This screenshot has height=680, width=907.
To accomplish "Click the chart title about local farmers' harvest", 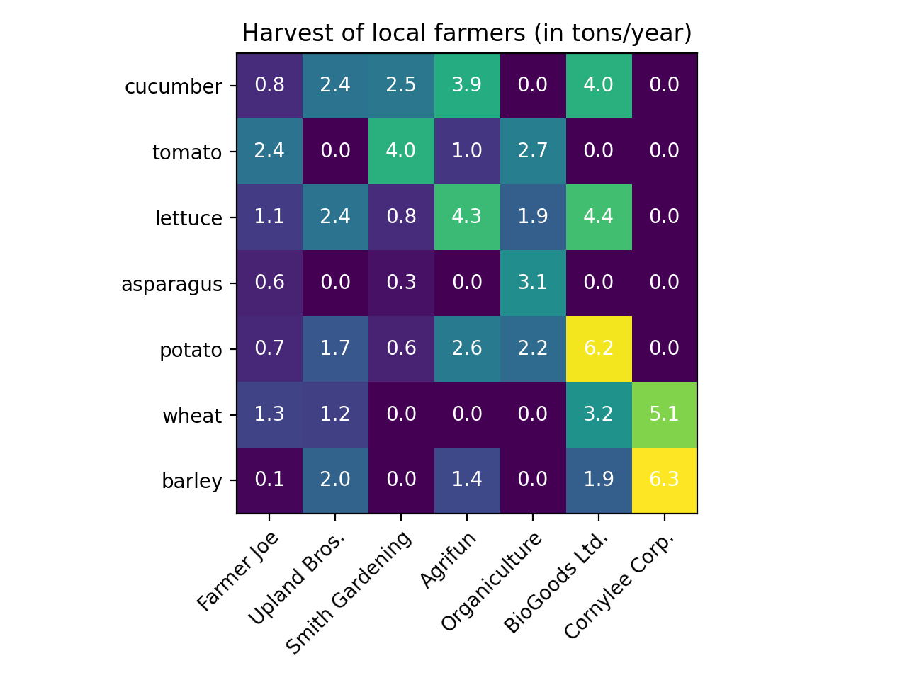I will click(x=466, y=33).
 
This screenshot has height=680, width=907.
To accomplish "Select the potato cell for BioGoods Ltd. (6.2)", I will click(x=599, y=348).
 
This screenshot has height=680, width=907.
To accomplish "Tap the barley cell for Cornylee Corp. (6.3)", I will click(x=665, y=480).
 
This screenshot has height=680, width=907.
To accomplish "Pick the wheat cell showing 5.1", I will click(x=665, y=414).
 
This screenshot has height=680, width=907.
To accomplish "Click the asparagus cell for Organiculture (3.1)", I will click(x=533, y=283).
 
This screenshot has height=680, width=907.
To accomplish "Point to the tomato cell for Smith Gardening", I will click(x=401, y=151).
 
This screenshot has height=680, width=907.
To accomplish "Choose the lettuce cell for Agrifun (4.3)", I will click(x=467, y=217).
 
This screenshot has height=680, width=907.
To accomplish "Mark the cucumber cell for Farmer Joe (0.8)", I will click(x=269, y=85).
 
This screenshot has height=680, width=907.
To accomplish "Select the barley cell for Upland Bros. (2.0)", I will click(x=335, y=480).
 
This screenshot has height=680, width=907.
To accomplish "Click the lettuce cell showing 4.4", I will click(x=599, y=217).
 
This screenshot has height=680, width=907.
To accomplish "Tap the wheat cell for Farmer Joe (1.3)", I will click(x=269, y=414).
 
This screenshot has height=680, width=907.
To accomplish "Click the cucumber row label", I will click(x=173, y=86).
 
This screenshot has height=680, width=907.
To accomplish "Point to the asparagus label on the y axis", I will click(x=171, y=285).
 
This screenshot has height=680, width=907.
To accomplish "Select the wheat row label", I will click(x=192, y=416).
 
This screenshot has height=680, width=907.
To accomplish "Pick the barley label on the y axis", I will click(x=192, y=482).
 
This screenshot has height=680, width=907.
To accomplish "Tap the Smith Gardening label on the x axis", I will click(x=349, y=592).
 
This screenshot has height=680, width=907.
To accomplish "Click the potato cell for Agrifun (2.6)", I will click(x=467, y=348).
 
